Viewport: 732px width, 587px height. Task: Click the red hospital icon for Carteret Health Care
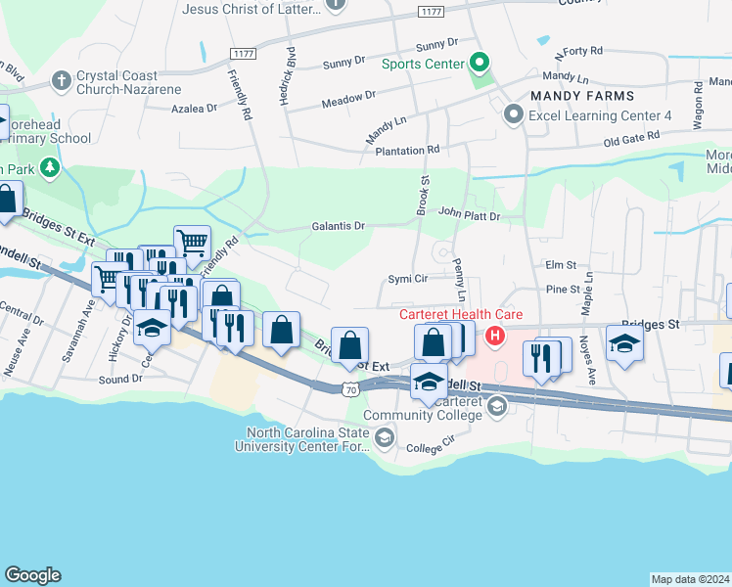coord(495,337)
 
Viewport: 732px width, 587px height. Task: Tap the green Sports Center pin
coord(479,65)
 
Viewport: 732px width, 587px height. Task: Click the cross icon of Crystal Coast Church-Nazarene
coord(61,80)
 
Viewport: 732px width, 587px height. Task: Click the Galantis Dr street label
coord(339,226)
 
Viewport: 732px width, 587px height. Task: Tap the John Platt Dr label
coord(469,214)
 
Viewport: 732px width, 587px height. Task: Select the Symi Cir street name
coord(409,279)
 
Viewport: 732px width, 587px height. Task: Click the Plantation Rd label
coord(406,150)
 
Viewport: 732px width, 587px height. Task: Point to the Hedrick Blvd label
coord(290,73)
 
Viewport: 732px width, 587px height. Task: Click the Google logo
coord(32,575)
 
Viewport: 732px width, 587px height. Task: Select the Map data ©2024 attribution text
coord(690,578)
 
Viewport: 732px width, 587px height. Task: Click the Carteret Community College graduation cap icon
coord(497,407)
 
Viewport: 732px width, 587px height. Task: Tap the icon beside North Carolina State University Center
coord(385,440)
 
